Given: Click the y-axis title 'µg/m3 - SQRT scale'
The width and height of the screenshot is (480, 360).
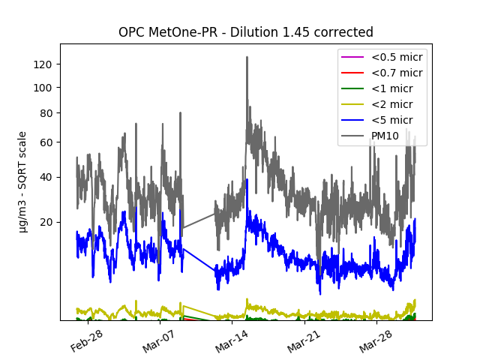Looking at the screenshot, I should click(x=22, y=181).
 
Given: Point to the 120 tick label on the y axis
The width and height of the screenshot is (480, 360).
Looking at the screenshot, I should click(x=43, y=64).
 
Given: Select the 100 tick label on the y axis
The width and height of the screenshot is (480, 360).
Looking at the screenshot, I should click(x=43, y=88).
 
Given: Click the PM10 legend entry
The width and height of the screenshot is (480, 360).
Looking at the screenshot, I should click(x=385, y=136).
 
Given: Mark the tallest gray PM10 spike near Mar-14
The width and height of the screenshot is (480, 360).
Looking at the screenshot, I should click(x=247, y=58).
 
